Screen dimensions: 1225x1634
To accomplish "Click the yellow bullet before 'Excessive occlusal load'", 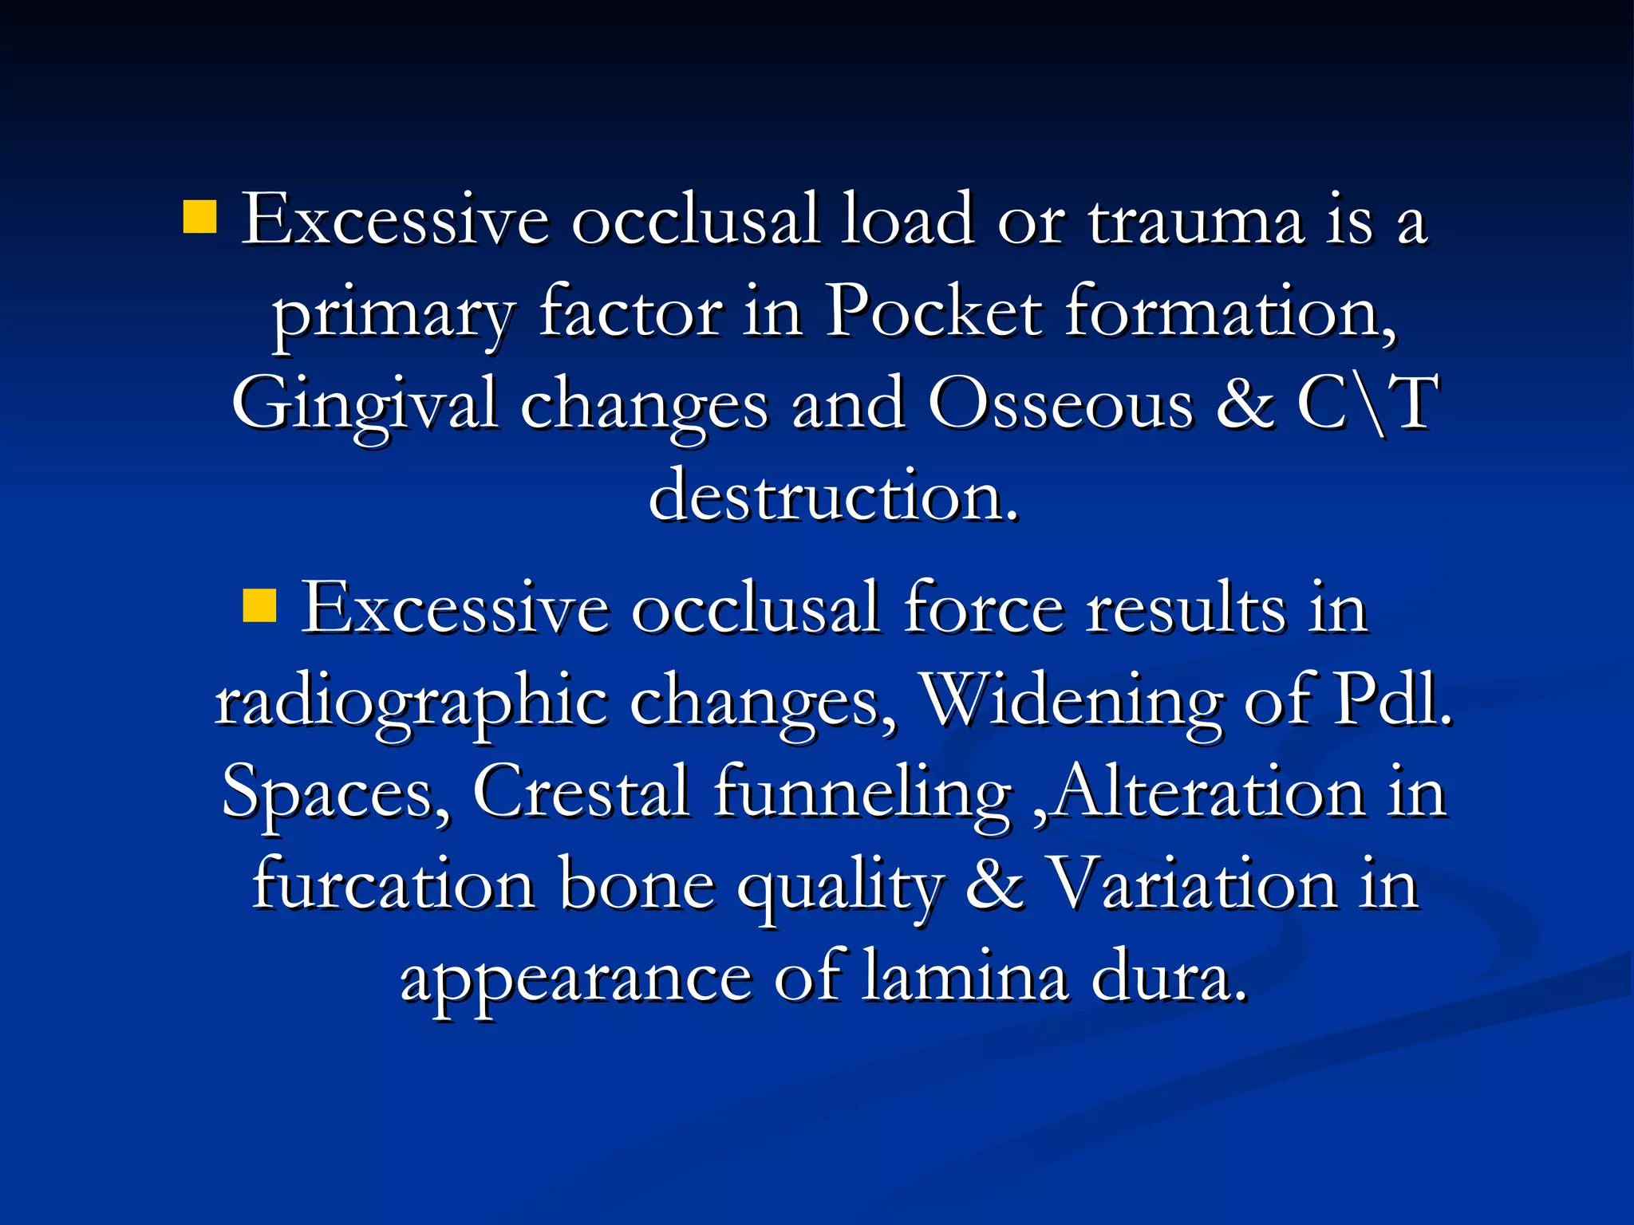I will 199,217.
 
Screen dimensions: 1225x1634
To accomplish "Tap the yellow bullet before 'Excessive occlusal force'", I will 259,605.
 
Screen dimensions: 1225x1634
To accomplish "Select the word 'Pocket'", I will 933,312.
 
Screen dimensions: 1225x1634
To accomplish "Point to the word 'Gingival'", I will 365,405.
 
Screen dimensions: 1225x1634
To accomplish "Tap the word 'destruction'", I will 833,496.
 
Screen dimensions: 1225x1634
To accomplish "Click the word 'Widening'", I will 1070,700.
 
